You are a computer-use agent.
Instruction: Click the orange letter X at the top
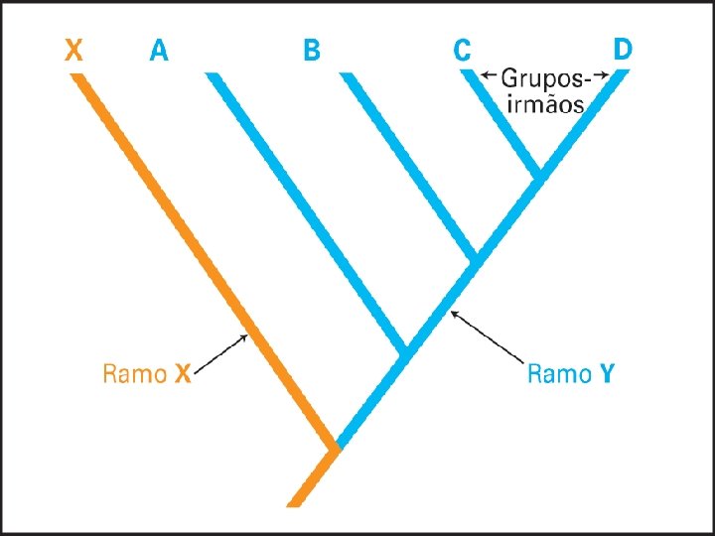73,50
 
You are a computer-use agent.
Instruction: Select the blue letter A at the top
159,50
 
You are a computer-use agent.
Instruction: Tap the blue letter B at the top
312,50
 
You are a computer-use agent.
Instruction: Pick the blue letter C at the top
462,50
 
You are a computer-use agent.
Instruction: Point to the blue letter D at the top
623,49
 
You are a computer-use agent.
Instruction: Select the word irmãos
543,103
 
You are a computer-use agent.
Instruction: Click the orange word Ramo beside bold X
134,374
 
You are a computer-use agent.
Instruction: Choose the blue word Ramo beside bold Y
559,374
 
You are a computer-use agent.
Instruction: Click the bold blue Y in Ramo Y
607,374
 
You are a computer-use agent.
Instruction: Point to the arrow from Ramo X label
221,354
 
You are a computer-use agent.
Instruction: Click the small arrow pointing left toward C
488,74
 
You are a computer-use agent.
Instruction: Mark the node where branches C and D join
539,176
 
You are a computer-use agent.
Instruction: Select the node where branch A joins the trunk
404,350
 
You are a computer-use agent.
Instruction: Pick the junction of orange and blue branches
336,448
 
